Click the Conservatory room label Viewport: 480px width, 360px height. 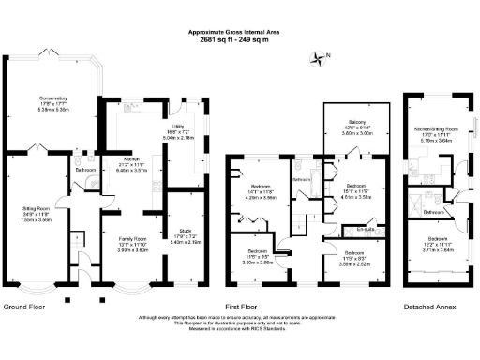tap(52, 98)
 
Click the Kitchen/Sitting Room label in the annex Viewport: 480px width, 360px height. tap(436, 128)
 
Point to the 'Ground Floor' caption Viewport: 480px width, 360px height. tap(24, 307)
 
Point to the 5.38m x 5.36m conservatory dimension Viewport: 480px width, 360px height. tap(52, 110)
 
